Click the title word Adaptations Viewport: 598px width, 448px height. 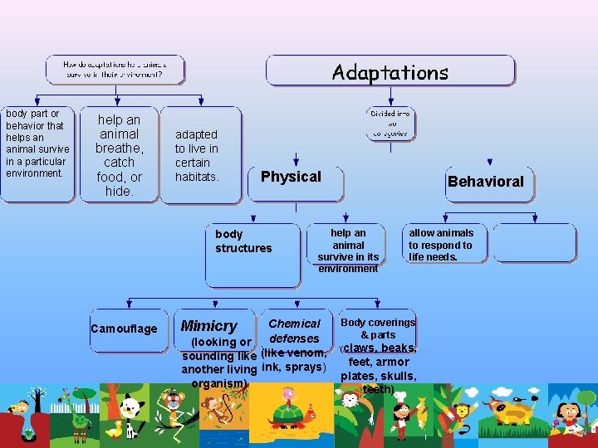(390, 72)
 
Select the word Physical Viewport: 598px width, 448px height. (291, 177)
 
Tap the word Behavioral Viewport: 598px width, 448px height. (486, 182)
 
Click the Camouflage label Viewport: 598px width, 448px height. (124, 329)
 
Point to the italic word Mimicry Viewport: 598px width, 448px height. (208, 326)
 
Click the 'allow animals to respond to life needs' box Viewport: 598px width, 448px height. (441, 245)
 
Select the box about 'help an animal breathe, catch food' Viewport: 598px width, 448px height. (120, 155)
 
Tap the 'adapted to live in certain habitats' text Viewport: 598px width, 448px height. (197, 155)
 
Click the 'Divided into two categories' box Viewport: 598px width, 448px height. (390, 123)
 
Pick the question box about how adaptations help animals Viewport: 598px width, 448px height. (115, 69)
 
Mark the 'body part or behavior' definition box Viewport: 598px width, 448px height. (37, 153)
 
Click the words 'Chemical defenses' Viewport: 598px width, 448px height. (295, 331)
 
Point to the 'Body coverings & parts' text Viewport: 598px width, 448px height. (378, 329)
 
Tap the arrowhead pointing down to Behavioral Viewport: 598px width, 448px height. (490, 163)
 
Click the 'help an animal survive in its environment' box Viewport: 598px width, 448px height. (348, 251)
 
